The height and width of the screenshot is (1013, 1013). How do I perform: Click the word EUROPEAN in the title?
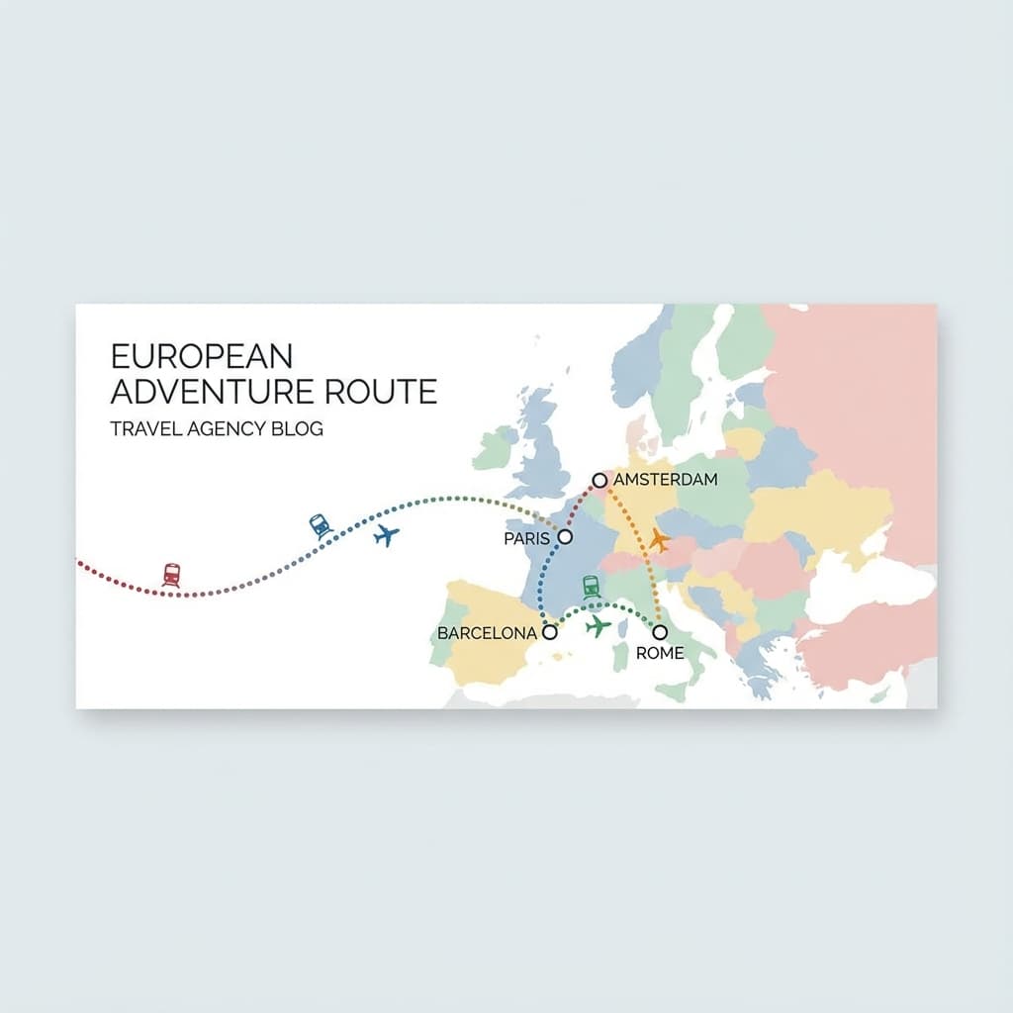[x=202, y=356]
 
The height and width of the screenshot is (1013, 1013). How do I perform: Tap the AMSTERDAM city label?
[x=666, y=480]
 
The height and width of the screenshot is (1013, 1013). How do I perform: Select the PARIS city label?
[x=526, y=538]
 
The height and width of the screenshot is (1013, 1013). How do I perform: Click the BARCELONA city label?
[x=487, y=633]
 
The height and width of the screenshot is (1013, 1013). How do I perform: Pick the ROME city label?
[x=659, y=654]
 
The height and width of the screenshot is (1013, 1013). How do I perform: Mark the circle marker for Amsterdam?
[x=599, y=480]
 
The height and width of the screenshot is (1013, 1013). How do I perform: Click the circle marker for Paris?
[x=566, y=536]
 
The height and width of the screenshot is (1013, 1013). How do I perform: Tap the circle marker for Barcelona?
[x=550, y=632]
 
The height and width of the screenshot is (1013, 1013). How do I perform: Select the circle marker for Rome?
[x=660, y=631]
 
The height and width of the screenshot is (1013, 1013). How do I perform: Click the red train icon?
[x=172, y=574]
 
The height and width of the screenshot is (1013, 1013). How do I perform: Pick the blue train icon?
[x=320, y=524]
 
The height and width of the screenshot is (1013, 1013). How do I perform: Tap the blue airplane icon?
[x=387, y=536]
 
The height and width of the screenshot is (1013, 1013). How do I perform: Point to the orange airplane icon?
[x=659, y=540]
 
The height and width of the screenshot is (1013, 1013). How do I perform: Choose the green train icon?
[x=591, y=587]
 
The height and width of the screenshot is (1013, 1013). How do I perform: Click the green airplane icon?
[x=598, y=626]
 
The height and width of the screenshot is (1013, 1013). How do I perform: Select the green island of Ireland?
[x=494, y=448]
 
